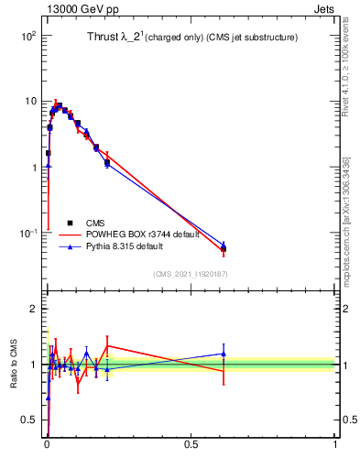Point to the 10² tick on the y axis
[x=27, y=36]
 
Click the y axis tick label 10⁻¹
[x=27, y=234]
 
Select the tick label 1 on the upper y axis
[x=33, y=168]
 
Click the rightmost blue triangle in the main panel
[x=224, y=245]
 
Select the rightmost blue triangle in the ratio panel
[x=224, y=354]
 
